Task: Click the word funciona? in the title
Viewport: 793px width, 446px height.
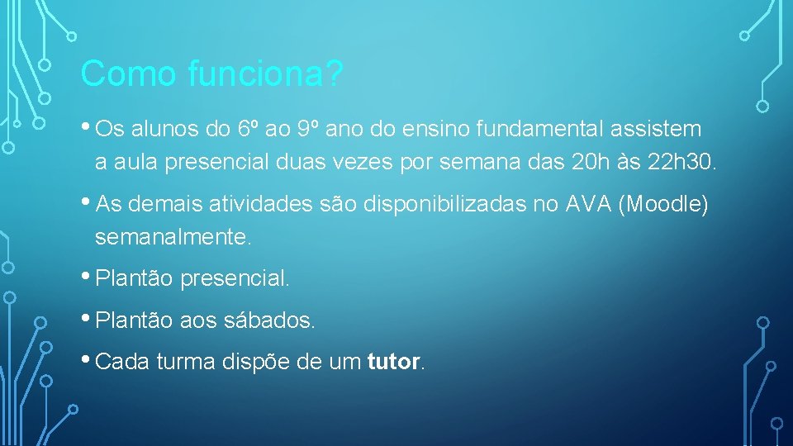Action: pyautogui.click(x=265, y=75)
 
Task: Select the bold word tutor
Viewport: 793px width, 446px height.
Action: pyautogui.click(x=393, y=362)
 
